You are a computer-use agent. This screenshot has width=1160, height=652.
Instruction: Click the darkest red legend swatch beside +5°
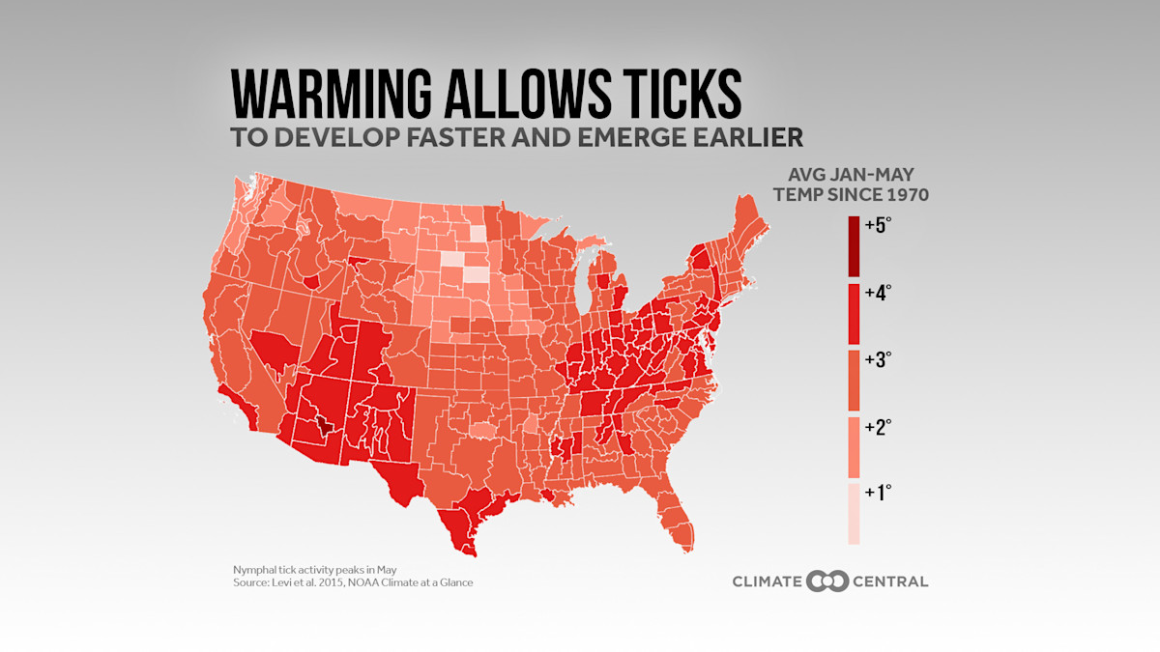(854, 246)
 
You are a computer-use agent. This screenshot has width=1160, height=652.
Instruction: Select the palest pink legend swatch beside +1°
(854, 514)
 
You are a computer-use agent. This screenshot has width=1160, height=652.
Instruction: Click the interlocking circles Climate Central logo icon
(828, 581)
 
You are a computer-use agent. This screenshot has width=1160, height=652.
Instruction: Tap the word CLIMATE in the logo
(768, 581)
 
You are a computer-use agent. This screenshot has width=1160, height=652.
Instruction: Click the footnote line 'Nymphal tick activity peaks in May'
(302, 569)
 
